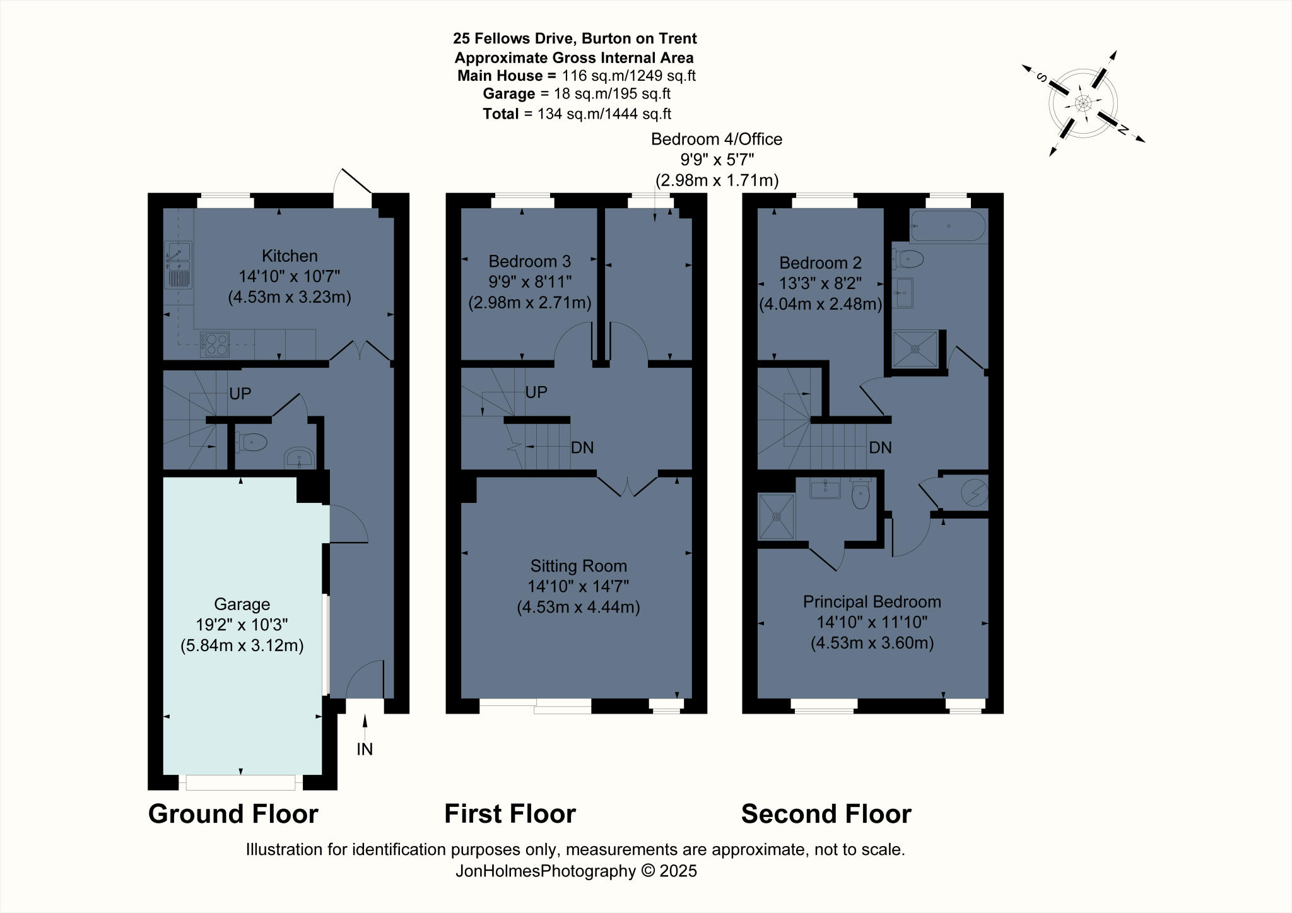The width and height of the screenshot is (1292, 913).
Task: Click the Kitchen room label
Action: click(x=290, y=256)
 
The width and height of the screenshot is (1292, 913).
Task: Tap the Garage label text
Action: click(x=242, y=604)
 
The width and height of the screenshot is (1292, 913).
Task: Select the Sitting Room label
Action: click(x=578, y=567)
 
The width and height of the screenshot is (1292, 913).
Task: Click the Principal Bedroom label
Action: click(x=872, y=602)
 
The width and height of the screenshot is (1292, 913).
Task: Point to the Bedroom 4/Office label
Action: click(x=717, y=139)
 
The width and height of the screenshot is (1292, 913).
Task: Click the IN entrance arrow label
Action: click(x=365, y=749)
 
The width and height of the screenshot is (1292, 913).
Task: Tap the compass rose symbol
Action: click(x=1083, y=103)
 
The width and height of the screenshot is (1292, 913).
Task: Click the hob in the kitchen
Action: click(x=215, y=345)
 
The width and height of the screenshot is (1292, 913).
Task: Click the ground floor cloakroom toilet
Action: click(x=252, y=442)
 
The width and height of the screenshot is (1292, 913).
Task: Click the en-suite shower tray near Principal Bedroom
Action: click(x=777, y=517)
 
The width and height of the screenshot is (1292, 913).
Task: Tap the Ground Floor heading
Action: click(x=233, y=814)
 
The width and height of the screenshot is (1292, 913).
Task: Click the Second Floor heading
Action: click(x=826, y=814)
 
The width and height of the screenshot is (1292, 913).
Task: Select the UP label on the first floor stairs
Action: click(x=536, y=392)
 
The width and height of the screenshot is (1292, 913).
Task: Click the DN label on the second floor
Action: click(x=880, y=448)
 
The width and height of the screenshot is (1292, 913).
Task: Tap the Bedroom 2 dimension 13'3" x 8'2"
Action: click(x=820, y=283)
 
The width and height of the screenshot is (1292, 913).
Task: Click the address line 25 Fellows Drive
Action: click(x=575, y=38)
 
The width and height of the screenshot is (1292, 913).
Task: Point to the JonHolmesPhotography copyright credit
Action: click(x=576, y=871)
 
